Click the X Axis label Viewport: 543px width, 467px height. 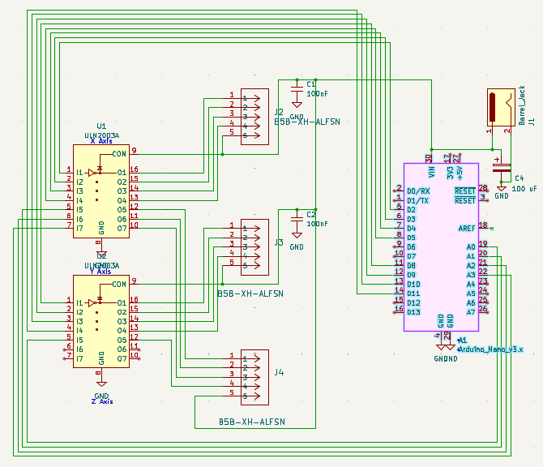click(x=101, y=141)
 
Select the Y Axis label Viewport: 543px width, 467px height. click(x=101, y=272)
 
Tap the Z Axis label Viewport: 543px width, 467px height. click(x=101, y=401)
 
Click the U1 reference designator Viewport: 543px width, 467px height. click(x=101, y=126)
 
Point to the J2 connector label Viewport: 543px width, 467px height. click(x=279, y=112)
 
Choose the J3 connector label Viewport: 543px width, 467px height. click(x=279, y=242)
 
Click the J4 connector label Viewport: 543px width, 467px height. click(x=279, y=372)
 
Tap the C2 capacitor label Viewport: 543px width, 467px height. click(x=310, y=214)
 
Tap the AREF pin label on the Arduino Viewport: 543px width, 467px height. click(x=467, y=229)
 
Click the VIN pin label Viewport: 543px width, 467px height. click(x=431, y=171)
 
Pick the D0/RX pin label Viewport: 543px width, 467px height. click(x=418, y=191)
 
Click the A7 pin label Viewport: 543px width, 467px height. click(x=471, y=312)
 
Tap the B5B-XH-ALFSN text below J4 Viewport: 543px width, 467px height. click(x=251, y=422)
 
